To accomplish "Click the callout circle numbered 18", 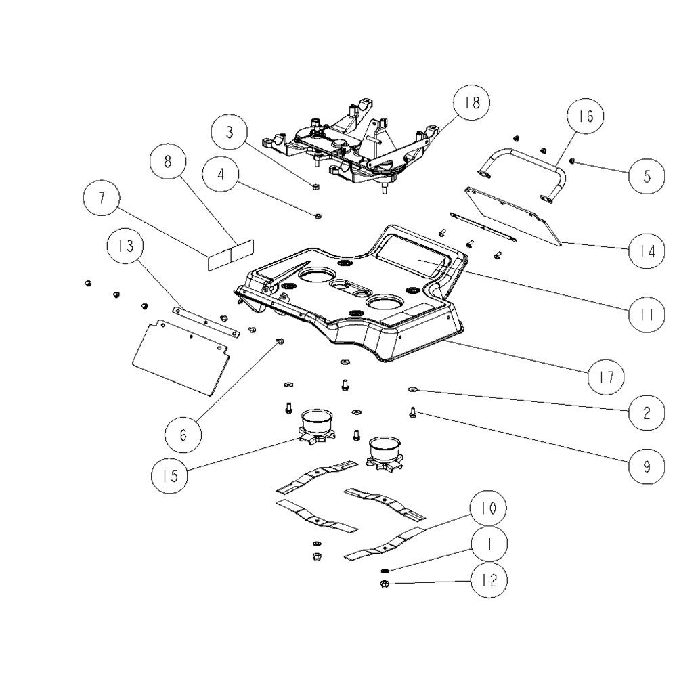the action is (x=472, y=103).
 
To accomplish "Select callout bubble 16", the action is (x=586, y=116).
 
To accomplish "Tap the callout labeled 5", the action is (x=647, y=176).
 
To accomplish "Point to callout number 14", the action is (x=647, y=251).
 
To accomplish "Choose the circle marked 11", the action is (x=647, y=315).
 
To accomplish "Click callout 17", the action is (x=606, y=376).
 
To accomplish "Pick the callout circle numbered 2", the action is (x=647, y=413).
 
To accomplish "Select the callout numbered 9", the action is (x=647, y=466).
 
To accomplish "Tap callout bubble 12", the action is (x=489, y=580).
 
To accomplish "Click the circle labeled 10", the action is (x=488, y=508).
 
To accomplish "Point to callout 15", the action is (x=170, y=476).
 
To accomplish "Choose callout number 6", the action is (x=183, y=435).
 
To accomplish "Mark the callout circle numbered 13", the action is (x=126, y=246).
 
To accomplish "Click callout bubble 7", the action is (x=102, y=198).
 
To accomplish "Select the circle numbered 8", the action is (x=168, y=161).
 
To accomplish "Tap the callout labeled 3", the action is (x=230, y=132).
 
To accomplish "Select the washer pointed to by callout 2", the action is (x=412, y=390).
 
